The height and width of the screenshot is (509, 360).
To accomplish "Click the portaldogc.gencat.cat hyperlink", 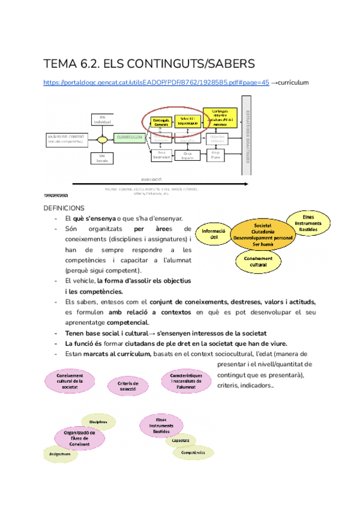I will (x=156, y=83).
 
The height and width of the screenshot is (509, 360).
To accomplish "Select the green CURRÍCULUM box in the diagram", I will (x=129, y=137).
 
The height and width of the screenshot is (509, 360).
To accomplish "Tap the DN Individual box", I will (x=102, y=119).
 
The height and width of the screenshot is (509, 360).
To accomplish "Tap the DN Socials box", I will (x=102, y=158).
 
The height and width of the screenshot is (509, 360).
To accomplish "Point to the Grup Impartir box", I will (x=187, y=155).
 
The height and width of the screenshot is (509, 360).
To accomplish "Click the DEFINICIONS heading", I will (x=64, y=208).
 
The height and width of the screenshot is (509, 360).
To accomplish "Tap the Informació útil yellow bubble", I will (x=214, y=234).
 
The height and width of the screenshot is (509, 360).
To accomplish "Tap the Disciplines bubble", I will (x=98, y=421).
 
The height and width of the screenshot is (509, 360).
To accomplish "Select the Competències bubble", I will (x=193, y=452).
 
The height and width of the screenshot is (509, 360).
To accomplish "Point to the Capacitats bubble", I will (x=181, y=440).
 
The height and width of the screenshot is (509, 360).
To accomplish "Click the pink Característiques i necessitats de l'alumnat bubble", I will (x=185, y=381).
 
